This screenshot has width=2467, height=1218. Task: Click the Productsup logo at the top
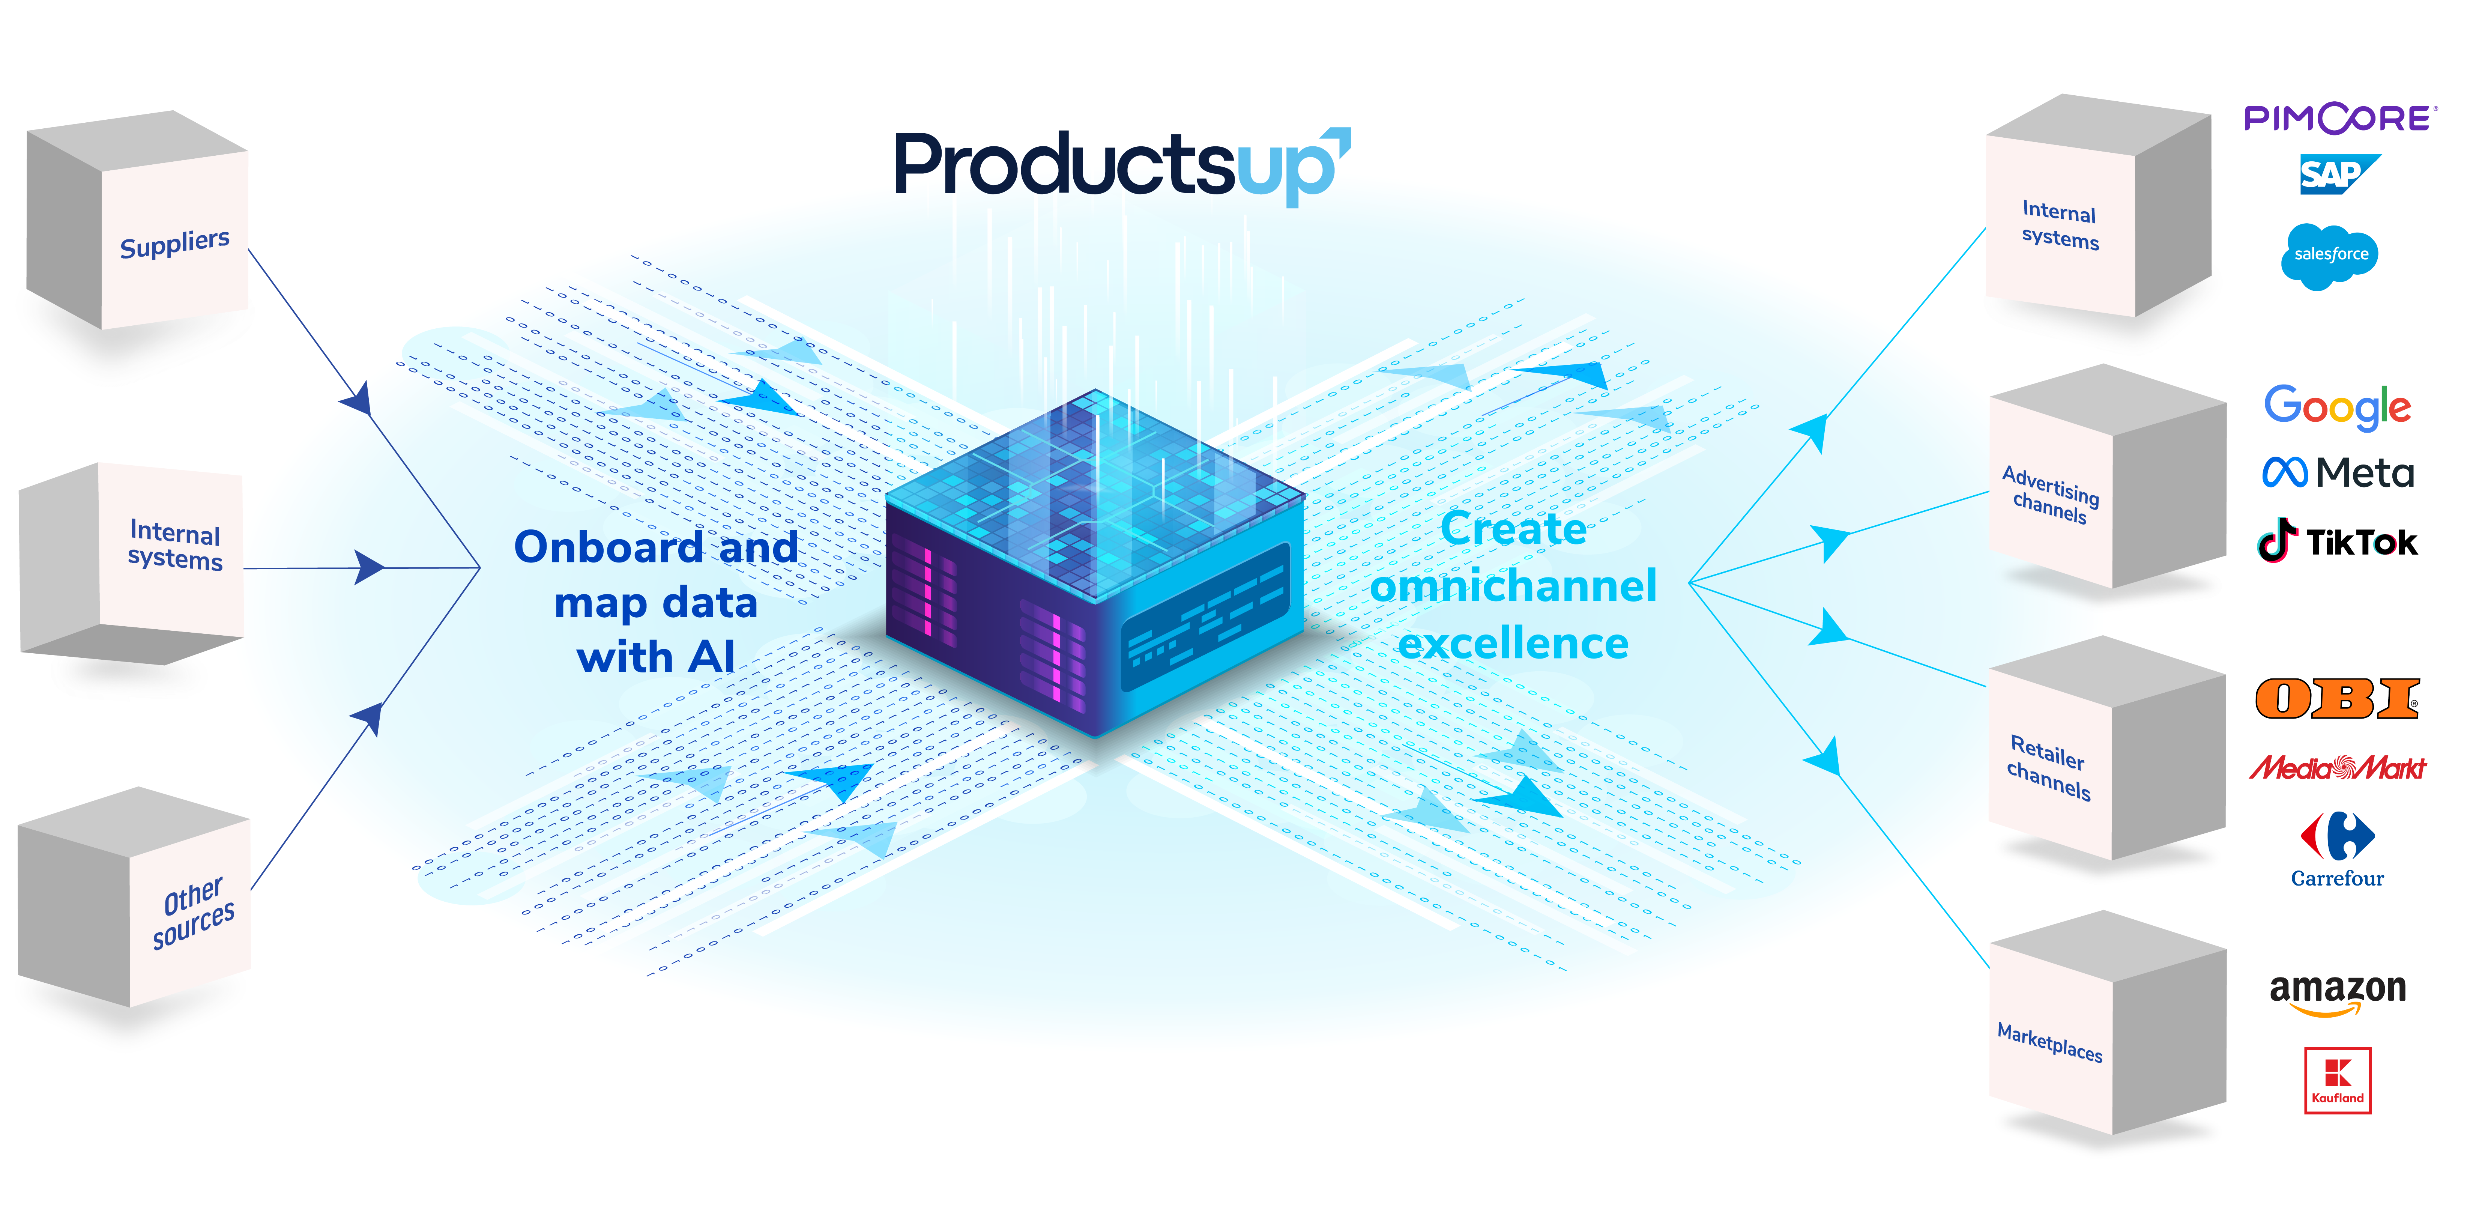point(1121,165)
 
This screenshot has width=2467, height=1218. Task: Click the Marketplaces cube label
point(2049,1042)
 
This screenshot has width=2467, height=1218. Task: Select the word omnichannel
point(1513,586)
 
